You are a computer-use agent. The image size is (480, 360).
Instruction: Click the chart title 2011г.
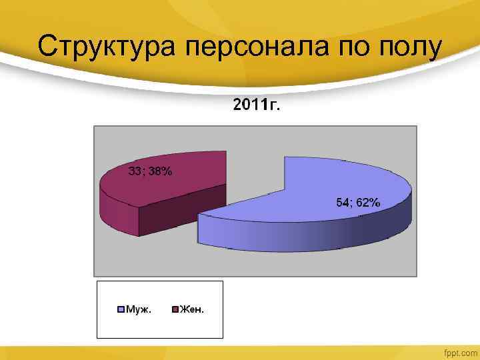tap(257, 105)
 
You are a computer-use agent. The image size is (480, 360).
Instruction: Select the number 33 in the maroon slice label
tap(135, 171)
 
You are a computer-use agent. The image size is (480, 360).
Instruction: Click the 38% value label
tap(160, 171)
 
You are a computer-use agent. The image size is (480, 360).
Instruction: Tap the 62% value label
tap(368, 203)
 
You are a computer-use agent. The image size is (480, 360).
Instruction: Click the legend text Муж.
tap(138, 309)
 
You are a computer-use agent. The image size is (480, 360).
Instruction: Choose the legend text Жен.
tap(193, 309)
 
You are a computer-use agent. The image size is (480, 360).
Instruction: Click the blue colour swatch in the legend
tap(121, 309)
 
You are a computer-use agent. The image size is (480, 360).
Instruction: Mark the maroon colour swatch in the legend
tap(175, 309)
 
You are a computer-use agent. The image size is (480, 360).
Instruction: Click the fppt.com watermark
tap(461, 351)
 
